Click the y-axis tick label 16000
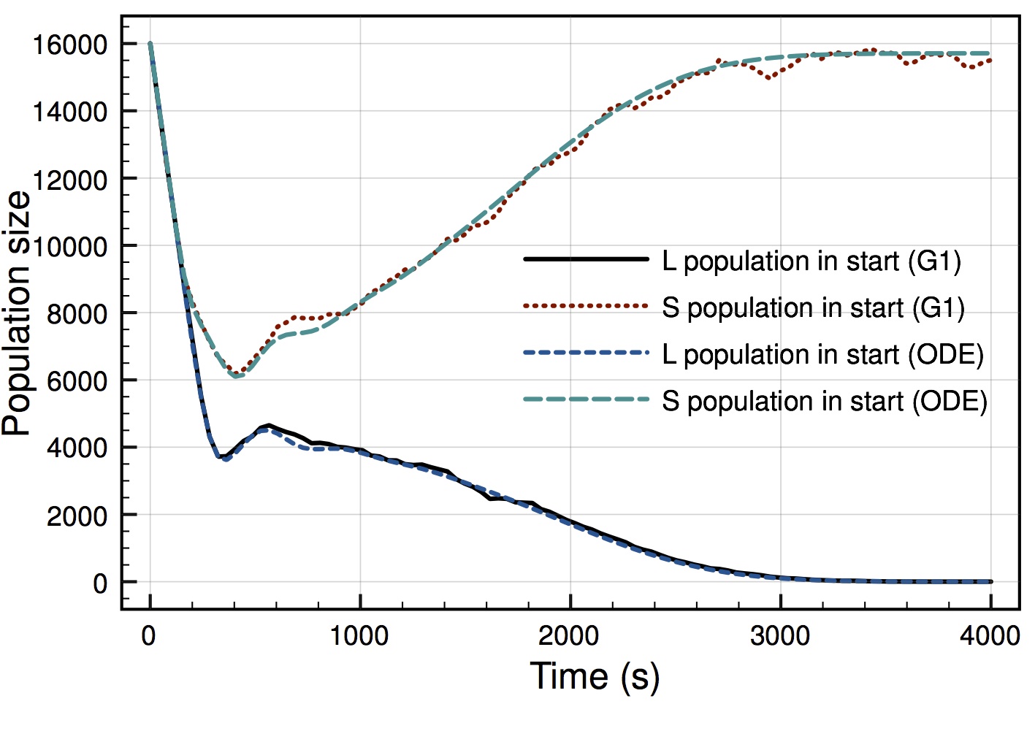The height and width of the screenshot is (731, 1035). pos(69,45)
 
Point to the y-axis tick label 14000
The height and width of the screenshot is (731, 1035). pos(69,112)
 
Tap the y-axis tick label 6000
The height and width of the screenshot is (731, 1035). pos(76,381)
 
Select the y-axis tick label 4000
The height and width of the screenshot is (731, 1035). pos(76,448)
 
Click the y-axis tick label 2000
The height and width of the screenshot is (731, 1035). pos(76,516)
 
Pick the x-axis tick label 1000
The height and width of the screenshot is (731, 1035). pos(359,636)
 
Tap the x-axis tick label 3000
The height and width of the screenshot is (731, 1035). pos(780,636)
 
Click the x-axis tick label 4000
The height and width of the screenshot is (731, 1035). pos(990,636)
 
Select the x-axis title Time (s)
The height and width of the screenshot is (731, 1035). pos(594,676)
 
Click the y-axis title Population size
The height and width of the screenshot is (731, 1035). pos(18,314)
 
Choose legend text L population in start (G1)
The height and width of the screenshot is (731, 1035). pos(811,261)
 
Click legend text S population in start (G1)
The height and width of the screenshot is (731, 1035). pos(813,307)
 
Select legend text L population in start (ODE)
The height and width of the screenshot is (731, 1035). pos(822,354)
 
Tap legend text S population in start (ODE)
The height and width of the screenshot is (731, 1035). pos(825,401)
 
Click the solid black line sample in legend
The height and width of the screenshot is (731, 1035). pos(586,259)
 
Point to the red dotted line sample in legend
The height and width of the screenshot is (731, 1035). pos(586,306)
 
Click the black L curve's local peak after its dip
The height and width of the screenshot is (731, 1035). pos(269,425)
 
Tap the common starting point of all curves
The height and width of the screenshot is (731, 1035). pos(150,44)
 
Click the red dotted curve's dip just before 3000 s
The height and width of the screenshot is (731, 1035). pos(768,77)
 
